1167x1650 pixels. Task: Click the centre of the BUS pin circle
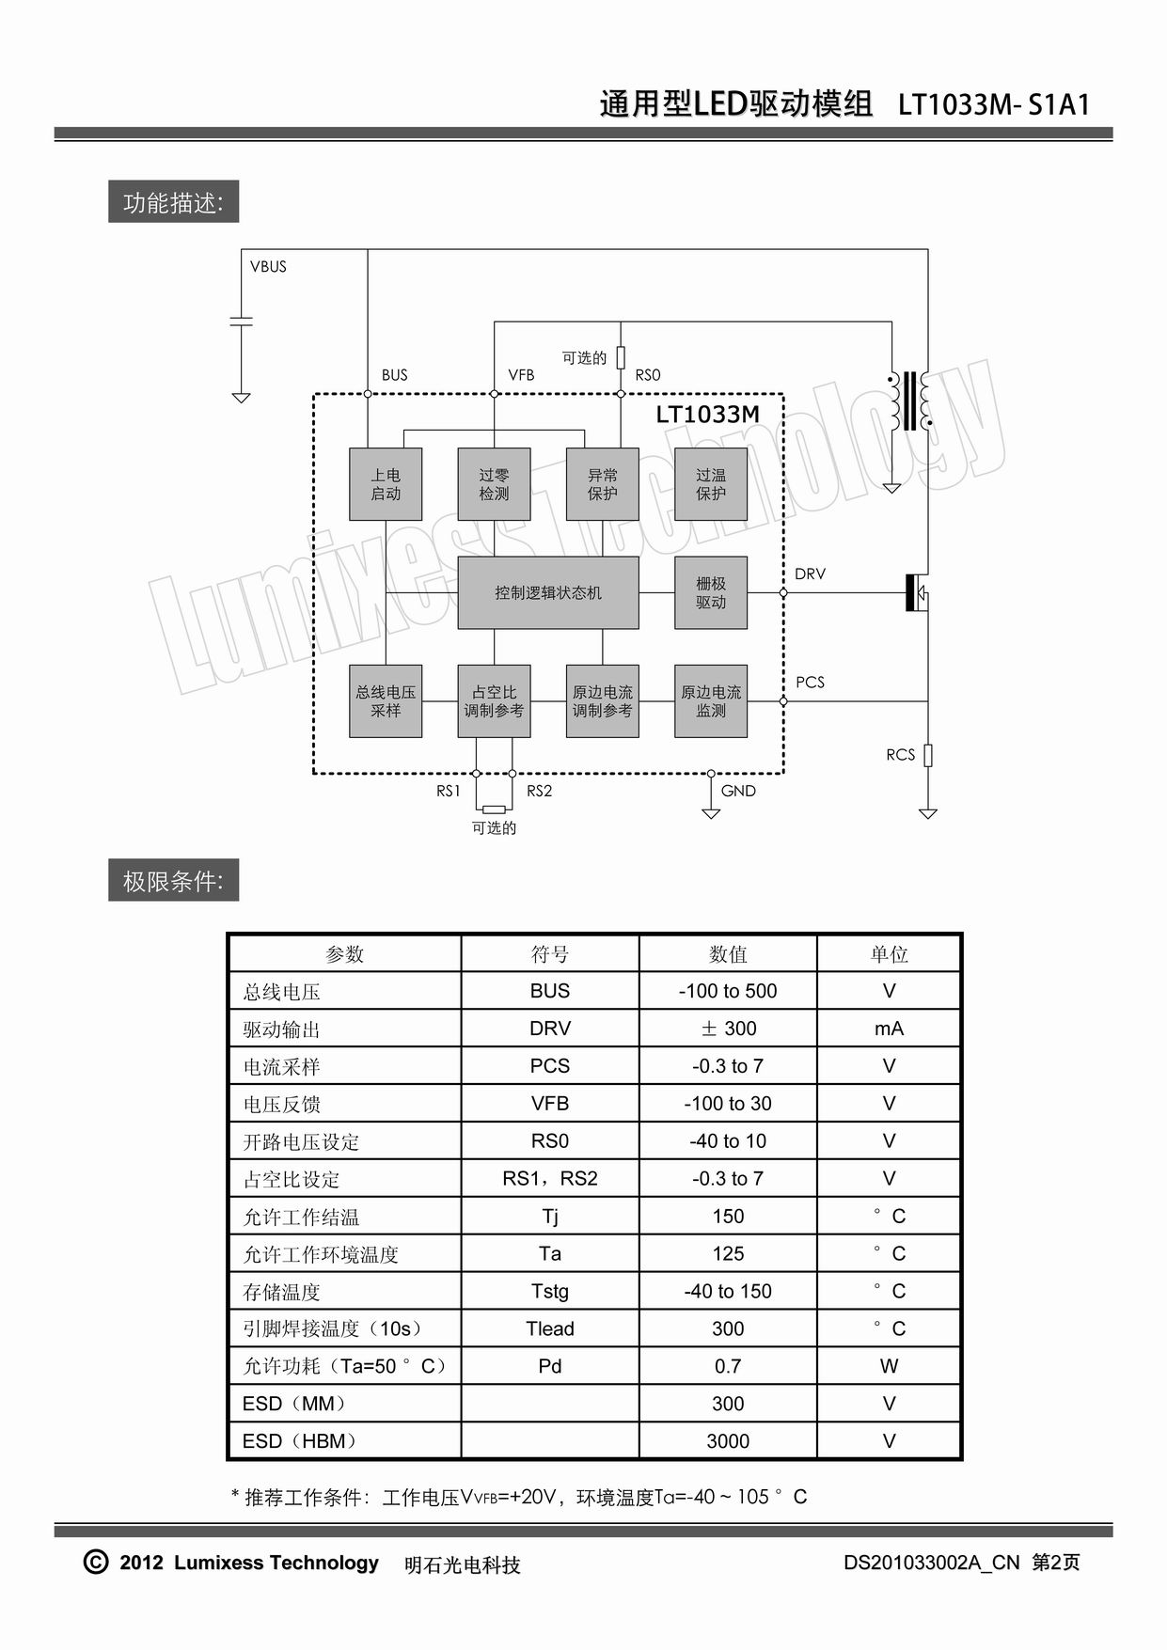point(368,394)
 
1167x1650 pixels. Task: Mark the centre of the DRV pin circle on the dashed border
point(783,593)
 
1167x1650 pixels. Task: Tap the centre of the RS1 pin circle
point(476,774)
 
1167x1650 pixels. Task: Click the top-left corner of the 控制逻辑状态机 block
point(458,557)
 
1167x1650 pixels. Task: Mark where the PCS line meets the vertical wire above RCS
point(928,701)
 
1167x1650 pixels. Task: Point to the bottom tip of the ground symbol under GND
point(711,818)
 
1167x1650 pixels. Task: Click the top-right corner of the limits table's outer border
point(962,934)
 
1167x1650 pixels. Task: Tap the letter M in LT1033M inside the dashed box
point(748,415)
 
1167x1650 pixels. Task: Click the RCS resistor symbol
point(928,755)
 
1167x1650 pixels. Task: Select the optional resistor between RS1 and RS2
point(494,809)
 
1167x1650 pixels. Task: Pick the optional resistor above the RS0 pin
point(621,357)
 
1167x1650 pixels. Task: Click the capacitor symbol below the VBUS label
point(242,322)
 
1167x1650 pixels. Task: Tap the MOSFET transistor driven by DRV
point(917,593)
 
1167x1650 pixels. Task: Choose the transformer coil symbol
point(909,400)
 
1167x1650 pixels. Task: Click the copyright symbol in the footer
point(96,1562)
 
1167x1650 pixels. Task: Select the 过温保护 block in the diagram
point(711,484)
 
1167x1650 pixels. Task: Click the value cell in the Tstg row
point(728,1291)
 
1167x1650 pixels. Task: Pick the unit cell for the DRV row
point(889,1029)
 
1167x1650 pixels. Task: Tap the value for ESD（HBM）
point(728,1441)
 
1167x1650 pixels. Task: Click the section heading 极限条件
point(173,881)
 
